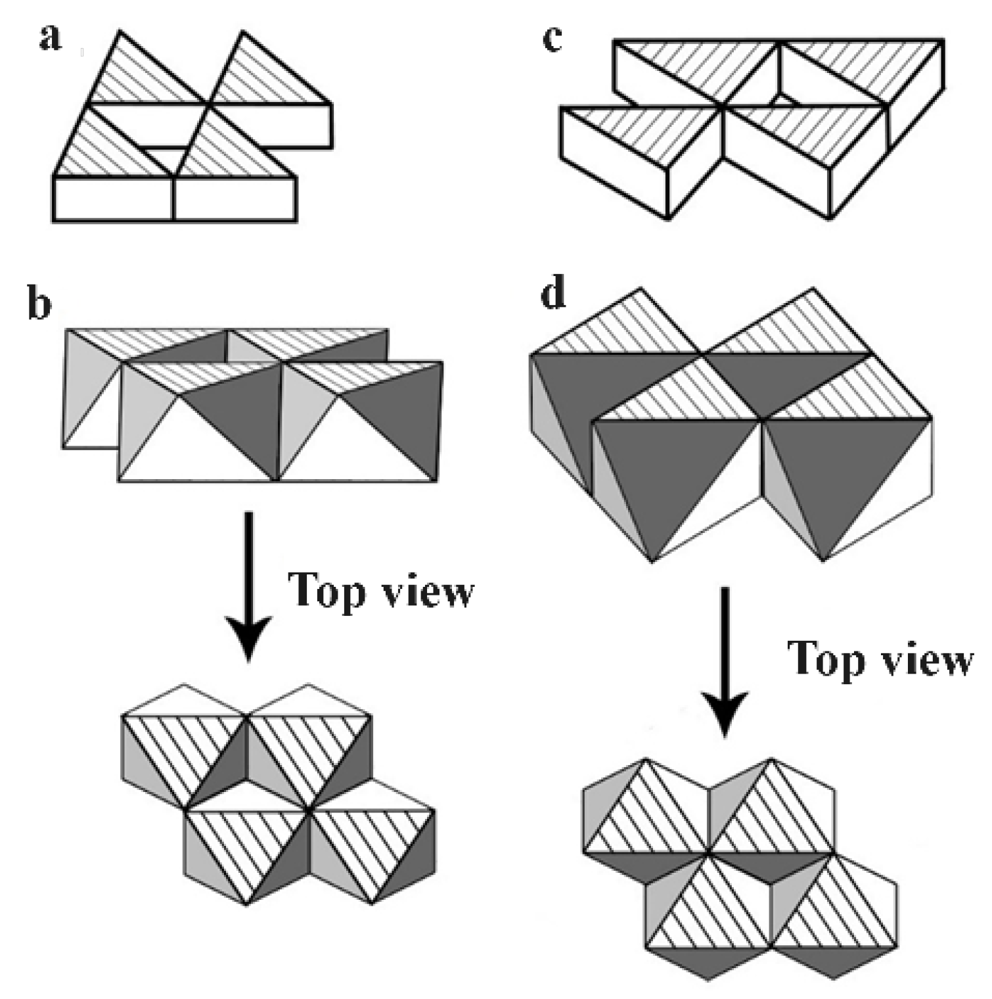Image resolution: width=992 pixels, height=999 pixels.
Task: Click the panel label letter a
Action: [50, 38]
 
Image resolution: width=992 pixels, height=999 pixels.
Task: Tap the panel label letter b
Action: [39, 304]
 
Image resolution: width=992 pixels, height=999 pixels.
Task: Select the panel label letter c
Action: [552, 38]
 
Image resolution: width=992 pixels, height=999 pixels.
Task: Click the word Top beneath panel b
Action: [327, 590]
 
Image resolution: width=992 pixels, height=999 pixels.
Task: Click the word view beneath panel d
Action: [927, 659]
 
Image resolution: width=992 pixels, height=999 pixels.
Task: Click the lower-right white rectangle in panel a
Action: [235, 198]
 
